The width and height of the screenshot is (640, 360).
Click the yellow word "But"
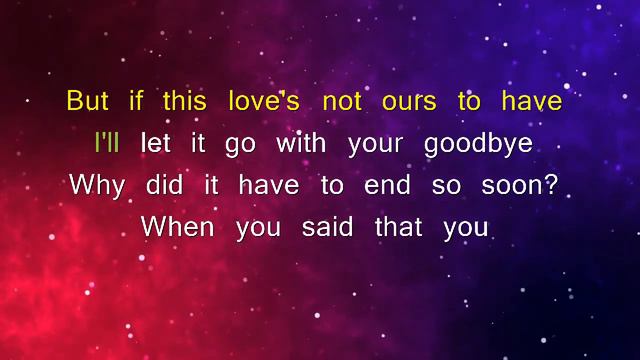[87, 102]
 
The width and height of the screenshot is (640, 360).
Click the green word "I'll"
[107, 143]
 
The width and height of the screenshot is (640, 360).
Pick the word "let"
[156, 144]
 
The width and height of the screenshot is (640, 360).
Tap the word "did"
[165, 185]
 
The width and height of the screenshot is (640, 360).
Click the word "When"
[178, 227]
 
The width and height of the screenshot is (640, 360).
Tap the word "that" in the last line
[399, 227]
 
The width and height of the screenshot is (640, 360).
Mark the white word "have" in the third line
[263, 185]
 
